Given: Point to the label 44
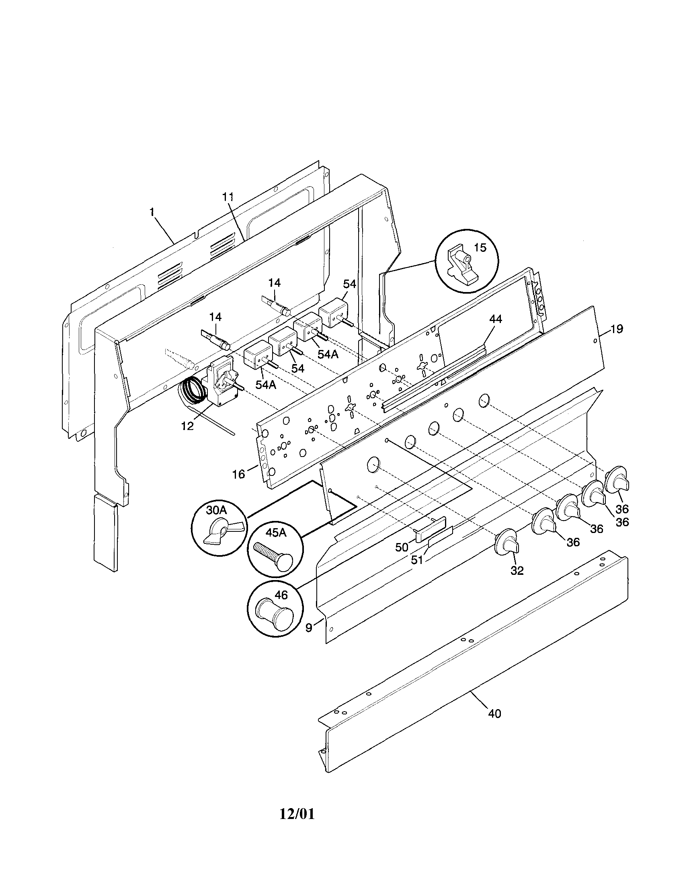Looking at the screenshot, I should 495,319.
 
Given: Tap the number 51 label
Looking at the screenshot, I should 417,560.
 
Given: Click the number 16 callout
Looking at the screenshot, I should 239,474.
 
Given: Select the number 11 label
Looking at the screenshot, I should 228,197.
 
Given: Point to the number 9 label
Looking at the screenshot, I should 309,628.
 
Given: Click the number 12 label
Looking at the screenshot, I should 188,426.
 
